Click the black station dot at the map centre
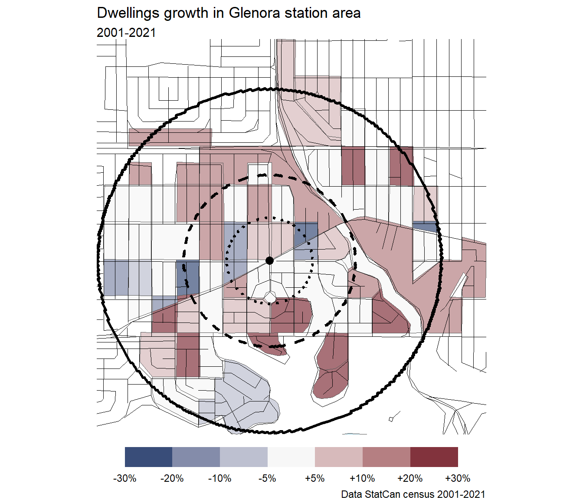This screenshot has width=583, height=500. tap(269, 260)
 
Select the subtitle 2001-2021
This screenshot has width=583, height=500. tap(126, 33)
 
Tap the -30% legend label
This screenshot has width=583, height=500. tap(125, 478)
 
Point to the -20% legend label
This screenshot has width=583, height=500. tap(172, 478)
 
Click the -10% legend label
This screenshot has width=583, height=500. tap(220, 478)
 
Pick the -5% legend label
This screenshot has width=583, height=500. tap(267, 478)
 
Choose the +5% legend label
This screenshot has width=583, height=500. tap(315, 478)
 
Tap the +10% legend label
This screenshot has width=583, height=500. tap(362, 478)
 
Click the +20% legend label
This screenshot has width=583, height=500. tap(410, 478)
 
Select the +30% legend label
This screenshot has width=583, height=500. tap(458, 478)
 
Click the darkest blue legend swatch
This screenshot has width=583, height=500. tap(148, 457)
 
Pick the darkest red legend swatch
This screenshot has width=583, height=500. tap(434, 457)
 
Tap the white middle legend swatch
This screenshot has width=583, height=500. tap(291, 457)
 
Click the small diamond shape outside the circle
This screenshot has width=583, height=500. tap(391, 419)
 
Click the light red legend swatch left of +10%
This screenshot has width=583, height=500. tap(339, 457)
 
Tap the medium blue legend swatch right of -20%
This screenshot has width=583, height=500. tap(196, 457)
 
